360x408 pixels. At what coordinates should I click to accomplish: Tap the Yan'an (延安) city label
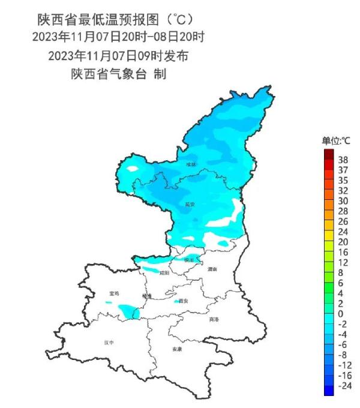click(x=190, y=204)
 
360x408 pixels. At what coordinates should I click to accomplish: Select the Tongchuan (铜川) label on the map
click(x=189, y=260)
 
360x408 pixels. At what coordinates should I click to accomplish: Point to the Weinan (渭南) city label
click(x=212, y=269)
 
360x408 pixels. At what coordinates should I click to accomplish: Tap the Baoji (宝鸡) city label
click(x=114, y=293)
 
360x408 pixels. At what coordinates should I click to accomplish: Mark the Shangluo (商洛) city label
click(x=214, y=319)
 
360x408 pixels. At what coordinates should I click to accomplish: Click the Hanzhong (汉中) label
click(x=109, y=343)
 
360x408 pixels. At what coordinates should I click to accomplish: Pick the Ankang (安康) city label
click(x=176, y=349)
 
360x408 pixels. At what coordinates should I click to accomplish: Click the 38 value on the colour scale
click(x=343, y=160)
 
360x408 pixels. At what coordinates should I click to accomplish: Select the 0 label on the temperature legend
click(x=340, y=314)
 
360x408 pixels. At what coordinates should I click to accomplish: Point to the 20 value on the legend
click(x=343, y=242)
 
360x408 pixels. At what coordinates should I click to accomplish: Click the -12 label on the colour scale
click(x=344, y=364)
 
